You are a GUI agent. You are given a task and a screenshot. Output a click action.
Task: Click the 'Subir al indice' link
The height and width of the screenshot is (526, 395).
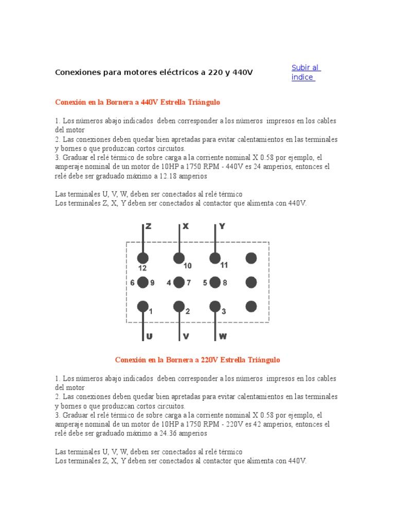click(306, 72)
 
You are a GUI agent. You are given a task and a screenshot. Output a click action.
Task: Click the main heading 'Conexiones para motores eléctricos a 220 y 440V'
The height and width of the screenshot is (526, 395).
click(154, 72)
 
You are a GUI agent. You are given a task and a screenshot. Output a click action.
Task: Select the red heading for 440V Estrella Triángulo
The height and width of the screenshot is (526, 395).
click(137, 102)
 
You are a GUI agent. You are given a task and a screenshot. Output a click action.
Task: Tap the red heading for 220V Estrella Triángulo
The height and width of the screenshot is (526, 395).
click(197, 360)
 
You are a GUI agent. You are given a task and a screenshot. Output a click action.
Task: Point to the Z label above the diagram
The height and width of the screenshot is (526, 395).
click(148, 226)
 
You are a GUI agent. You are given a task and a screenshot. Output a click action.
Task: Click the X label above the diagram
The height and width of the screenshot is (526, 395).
click(186, 226)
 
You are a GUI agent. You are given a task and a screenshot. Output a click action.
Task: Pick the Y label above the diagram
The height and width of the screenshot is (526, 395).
click(222, 226)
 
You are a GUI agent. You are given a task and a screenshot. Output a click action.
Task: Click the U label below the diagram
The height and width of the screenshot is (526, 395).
click(149, 336)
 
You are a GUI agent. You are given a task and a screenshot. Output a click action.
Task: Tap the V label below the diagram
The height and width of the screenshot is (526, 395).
click(186, 336)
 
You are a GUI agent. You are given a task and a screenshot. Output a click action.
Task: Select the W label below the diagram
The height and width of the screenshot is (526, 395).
click(223, 336)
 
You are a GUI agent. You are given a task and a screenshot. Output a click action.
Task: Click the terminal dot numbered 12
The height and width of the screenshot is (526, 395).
click(143, 258)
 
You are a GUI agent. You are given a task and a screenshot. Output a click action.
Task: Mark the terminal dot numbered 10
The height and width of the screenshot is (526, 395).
click(179, 258)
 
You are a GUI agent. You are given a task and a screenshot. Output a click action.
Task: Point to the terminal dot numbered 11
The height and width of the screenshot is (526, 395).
click(215, 258)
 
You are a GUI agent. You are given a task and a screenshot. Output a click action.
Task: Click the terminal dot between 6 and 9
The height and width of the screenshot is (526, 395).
click(143, 283)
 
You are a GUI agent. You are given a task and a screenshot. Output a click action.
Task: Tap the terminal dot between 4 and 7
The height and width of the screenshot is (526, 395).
click(179, 283)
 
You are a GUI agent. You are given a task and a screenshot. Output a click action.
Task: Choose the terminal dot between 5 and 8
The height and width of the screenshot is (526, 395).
click(215, 283)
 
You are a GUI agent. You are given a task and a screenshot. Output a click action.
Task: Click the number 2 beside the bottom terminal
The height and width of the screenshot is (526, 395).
click(188, 311)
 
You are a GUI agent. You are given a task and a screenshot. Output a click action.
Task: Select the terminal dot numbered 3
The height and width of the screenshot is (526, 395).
click(215, 307)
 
